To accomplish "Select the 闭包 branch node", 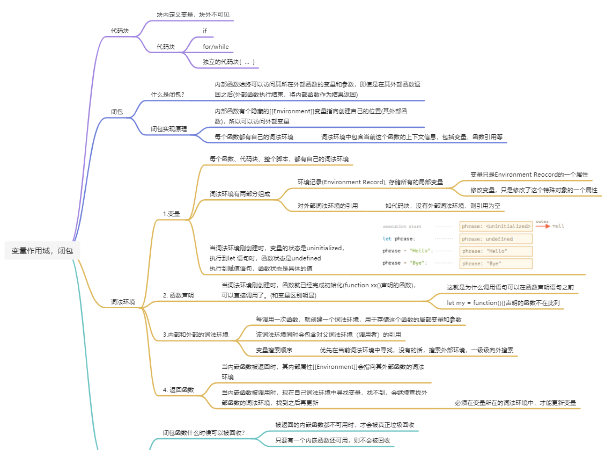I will [117, 112].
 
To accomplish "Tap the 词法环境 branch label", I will [123, 302].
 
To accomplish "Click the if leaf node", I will [205, 31].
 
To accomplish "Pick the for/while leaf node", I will [216, 47].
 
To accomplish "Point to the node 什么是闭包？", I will [168, 95].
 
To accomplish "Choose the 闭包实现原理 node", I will [169, 129].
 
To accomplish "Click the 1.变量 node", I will [172, 214].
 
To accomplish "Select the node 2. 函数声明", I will [179, 295].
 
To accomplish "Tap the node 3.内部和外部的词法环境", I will [196, 335].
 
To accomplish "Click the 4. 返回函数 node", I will [179, 390].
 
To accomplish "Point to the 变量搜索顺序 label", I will [274, 350].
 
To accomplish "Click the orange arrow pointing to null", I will [543, 226].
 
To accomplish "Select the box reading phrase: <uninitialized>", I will [496, 226].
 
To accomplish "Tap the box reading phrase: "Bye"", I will [496, 264].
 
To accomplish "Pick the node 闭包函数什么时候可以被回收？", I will [204, 433].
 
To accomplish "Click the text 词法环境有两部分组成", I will [240, 194].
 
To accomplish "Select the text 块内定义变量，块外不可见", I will [193, 14].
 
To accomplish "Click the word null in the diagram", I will [558, 226].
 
